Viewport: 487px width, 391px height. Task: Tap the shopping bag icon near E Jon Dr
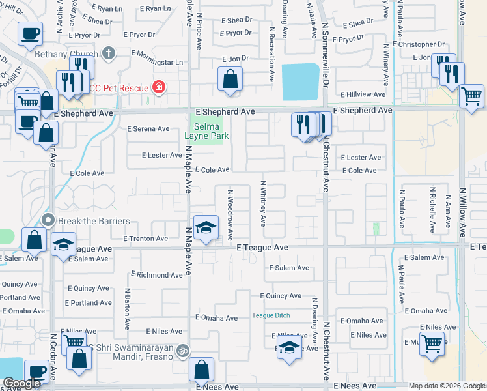(230, 80)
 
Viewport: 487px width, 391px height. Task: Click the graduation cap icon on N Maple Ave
(205, 227)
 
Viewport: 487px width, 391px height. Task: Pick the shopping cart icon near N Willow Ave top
(471, 96)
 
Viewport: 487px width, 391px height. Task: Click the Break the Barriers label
(93, 221)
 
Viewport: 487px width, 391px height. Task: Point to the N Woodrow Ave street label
(230, 214)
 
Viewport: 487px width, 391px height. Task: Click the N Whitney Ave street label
(264, 203)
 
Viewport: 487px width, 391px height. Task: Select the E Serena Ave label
(148, 129)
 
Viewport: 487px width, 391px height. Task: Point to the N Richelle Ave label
(432, 210)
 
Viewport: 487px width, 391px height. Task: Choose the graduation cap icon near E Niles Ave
(289, 347)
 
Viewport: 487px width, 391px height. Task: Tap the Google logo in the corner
(21, 383)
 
